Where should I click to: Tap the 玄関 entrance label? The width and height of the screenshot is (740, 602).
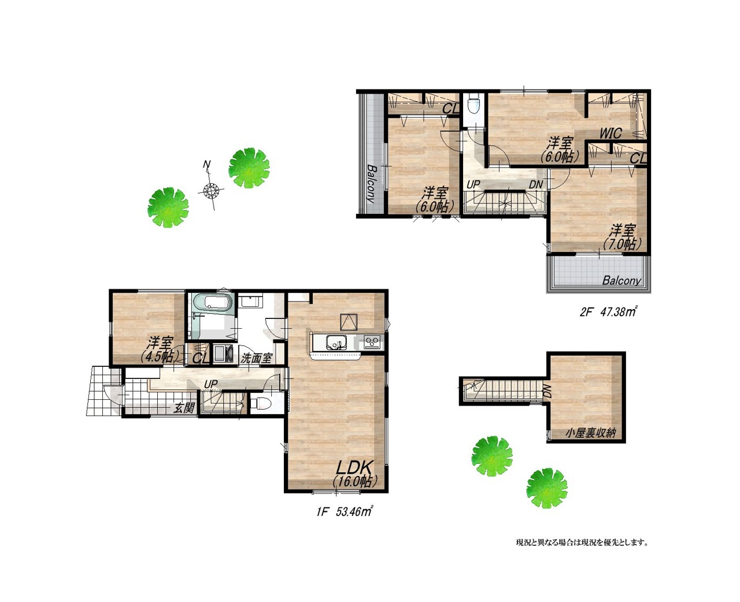183,408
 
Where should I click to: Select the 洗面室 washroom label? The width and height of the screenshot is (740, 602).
256,358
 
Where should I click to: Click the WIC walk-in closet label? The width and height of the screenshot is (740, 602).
610,133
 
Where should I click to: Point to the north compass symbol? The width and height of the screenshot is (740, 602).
210,189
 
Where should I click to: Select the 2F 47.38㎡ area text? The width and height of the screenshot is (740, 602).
608,312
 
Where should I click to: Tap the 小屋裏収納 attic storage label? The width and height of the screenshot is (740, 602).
591,433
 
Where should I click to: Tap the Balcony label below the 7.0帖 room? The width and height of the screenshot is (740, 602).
621,280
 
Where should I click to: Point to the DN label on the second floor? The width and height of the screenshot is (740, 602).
536,185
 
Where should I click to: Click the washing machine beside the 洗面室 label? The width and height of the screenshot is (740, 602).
223,354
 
